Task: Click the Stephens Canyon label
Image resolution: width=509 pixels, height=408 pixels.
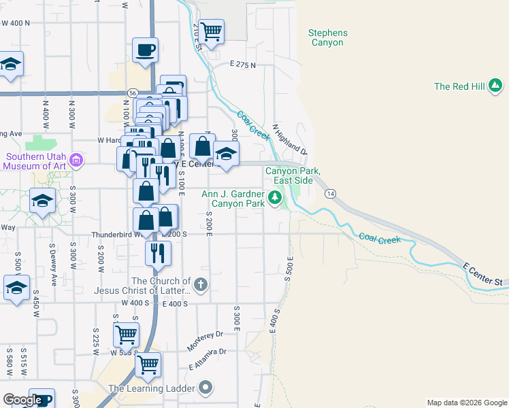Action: [x=327, y=37]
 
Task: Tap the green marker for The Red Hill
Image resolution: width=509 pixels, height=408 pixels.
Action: [x=496, y=86]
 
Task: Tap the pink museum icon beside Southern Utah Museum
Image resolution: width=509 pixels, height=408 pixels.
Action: [x=76, y=161]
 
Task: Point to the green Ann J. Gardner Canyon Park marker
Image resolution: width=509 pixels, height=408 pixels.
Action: [x=275, y=198]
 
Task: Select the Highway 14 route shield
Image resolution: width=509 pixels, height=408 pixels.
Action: [x=330, y=194]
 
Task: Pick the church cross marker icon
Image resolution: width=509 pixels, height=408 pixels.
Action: [x=200, y=285]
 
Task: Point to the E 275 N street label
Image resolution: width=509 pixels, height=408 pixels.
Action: [x=242, y=65]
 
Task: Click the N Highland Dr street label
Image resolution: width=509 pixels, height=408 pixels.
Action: [x=290, y=139]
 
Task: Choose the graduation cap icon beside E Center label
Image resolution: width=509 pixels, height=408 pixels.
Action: [x=227, y=153]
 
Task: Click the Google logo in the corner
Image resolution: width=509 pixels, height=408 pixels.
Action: [x=22, y=400]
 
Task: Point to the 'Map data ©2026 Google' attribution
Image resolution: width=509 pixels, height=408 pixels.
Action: [x=467, y=403]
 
